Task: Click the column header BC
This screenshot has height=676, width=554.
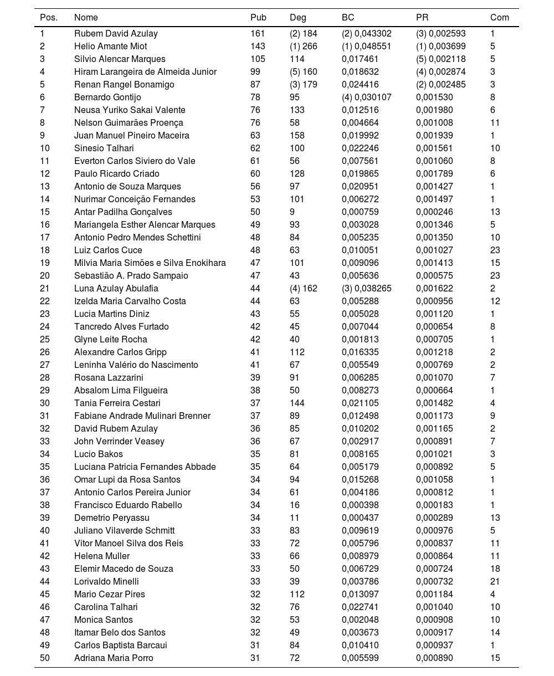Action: [x=348, y=18]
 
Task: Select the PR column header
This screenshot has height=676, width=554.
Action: [x=422, y=18]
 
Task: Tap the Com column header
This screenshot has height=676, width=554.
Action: [x=500, y=18]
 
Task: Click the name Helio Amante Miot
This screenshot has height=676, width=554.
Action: [x=111, y=47]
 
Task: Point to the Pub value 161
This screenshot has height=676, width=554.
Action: [x=258, y=34]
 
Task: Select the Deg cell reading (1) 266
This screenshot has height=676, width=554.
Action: [x=304, y=47]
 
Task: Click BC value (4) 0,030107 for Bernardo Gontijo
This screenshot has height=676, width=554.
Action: [x=367, y=98]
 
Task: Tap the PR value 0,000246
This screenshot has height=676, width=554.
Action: [x=434, y=212]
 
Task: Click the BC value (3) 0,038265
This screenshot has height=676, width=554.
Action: [x=367, y=289]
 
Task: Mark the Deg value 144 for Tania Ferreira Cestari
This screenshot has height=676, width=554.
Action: [x=297, y=403]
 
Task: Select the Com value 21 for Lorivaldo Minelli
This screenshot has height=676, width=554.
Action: [x=495, y=582]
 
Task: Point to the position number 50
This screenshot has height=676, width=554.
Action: [x=45, y=658]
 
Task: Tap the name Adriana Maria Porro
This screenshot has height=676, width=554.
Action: [x=114, y=658]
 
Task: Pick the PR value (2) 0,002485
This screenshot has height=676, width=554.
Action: [x=441, y=85]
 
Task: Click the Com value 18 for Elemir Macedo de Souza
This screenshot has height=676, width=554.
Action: [x=495, y=569]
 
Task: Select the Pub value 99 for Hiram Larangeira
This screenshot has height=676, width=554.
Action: [x=255, y=72]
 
